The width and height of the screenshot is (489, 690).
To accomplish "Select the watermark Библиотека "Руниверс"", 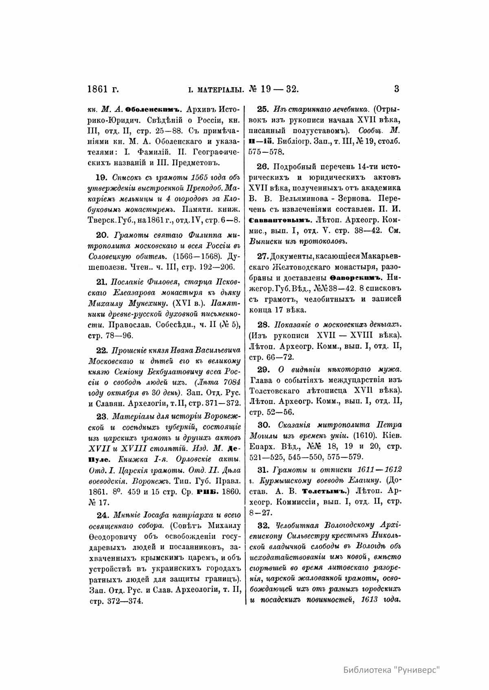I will click(392, 670).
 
